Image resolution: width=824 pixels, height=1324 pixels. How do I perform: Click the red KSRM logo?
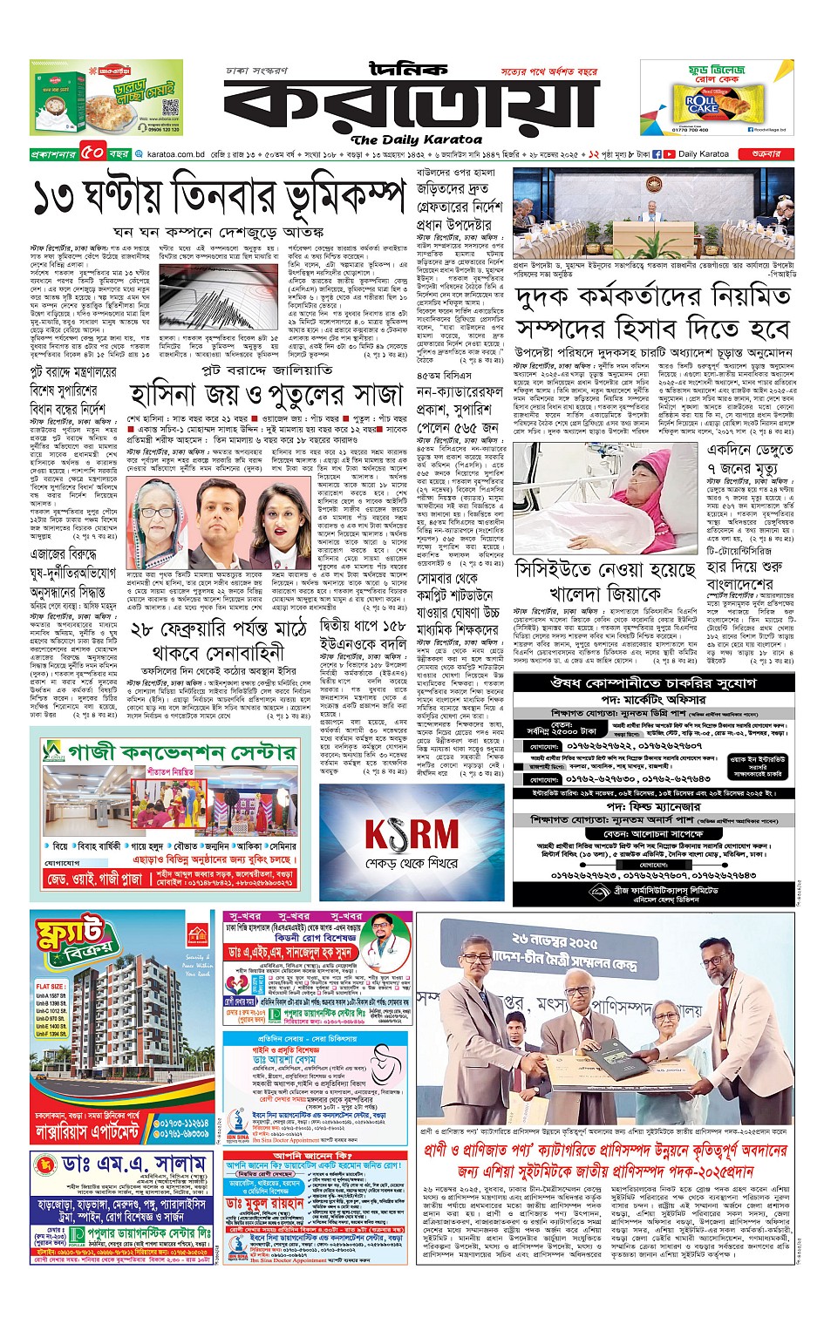click(x=411, y=834)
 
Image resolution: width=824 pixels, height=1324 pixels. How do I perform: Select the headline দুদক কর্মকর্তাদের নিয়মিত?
click(x=653, y=297)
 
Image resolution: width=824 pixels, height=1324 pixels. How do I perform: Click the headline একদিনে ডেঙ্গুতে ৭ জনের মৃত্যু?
click(x=749, y=459)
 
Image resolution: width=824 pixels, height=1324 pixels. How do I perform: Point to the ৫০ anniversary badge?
click(x=93, y=153)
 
